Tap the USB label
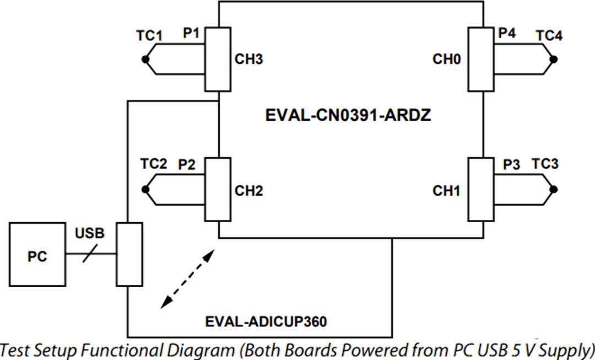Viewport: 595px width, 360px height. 89,233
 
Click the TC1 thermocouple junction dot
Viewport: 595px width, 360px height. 145,60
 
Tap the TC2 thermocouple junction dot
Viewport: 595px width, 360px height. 145,190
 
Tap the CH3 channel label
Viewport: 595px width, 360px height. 248,60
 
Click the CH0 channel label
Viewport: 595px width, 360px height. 446,60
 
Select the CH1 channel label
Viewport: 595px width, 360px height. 446,191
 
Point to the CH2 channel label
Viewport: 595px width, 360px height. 248,191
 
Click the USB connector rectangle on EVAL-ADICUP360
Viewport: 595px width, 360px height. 129,254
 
